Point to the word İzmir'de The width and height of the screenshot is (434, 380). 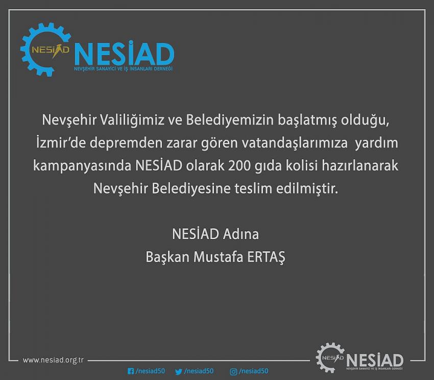[61, 143]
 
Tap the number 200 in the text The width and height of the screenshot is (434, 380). [239, 165]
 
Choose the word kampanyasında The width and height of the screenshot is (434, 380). [82, 166]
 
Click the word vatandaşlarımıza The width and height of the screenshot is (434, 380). [295, 143]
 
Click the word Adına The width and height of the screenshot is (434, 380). [241, 234]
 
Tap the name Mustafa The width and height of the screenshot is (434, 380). [218, 257]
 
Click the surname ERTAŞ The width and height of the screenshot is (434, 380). [266, 257]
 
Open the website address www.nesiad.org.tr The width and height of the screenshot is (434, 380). [53, 360]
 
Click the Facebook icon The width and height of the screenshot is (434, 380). [131, 371]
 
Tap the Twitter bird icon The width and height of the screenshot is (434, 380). [179, 371]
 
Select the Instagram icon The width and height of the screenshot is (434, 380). [234, 372]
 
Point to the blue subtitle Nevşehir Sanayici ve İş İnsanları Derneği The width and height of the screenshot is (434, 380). [123, 68]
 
